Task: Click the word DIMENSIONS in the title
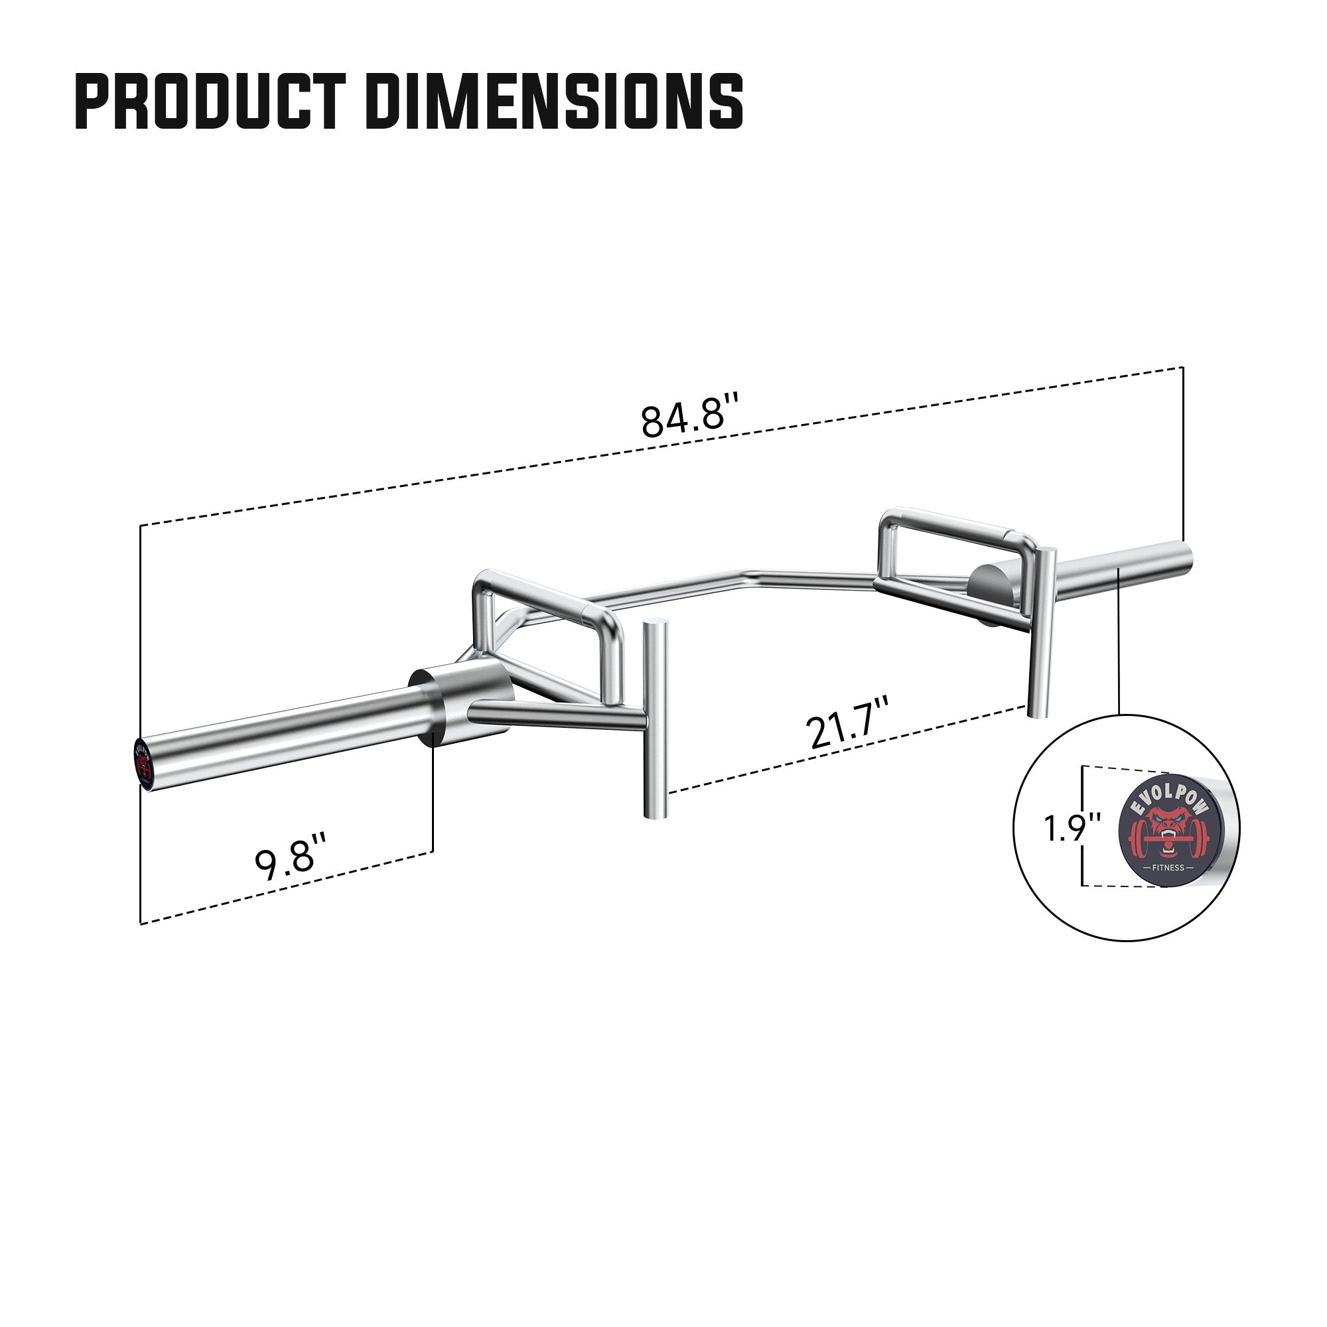coord(559,102)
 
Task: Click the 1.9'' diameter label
coord(1072,827)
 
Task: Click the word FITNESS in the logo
coord(1168,867)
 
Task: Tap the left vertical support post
coord(655,721)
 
